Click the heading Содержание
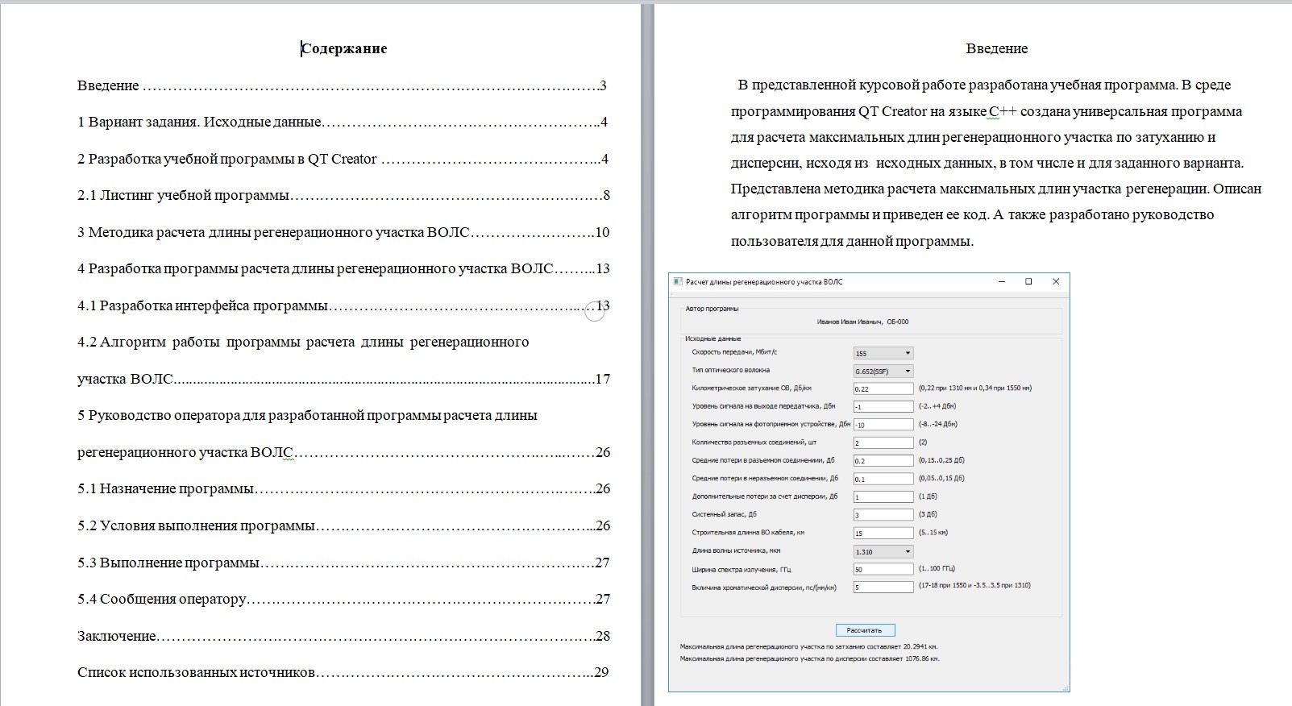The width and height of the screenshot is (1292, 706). click(x=344, y=48)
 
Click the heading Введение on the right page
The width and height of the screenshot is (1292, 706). click(x=996, y=48)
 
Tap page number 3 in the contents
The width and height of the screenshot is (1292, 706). click(x=603, y=85)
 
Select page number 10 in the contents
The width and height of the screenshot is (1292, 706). click(x=601, y=232)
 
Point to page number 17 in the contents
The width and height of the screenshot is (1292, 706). click(x=602, y=379)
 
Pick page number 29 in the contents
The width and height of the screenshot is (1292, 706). click(x=600, y=672)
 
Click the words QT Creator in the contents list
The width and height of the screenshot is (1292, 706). click(x=342, y=159)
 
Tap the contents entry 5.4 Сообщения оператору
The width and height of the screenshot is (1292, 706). click(x=162, y=599)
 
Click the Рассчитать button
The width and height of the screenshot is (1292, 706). click(x=865, y=630)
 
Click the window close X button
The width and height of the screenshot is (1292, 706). click(x=1056, y=282)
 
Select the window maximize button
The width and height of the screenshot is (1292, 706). click(x=1028, y=282)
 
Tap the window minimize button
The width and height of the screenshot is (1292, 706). click(x=1002, y=282)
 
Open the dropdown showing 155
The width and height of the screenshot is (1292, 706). click(x=883, y=353)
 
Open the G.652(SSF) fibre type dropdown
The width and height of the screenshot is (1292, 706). click(x=883, y=372)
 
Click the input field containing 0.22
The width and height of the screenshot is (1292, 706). click(x=883, y=388)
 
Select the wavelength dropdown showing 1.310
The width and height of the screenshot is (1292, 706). click(x=883, y=552)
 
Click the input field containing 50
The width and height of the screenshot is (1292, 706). click(x=883, y=569)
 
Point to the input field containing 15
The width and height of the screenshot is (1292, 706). click(x=883, y=533)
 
